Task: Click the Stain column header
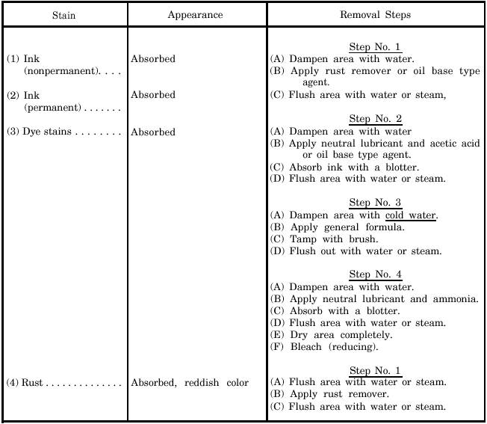[x=63, y=15]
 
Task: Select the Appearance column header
[x=195, y=15]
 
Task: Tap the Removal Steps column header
[x=375, y=15]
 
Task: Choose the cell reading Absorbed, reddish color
[x=190, y=384]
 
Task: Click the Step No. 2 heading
[x=375, y=120]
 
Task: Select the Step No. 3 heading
[x=375, y=203]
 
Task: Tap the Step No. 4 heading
[x=375, y=275]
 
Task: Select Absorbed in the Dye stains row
[x=153, y=132]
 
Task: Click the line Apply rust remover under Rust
[x=338, y=395]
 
